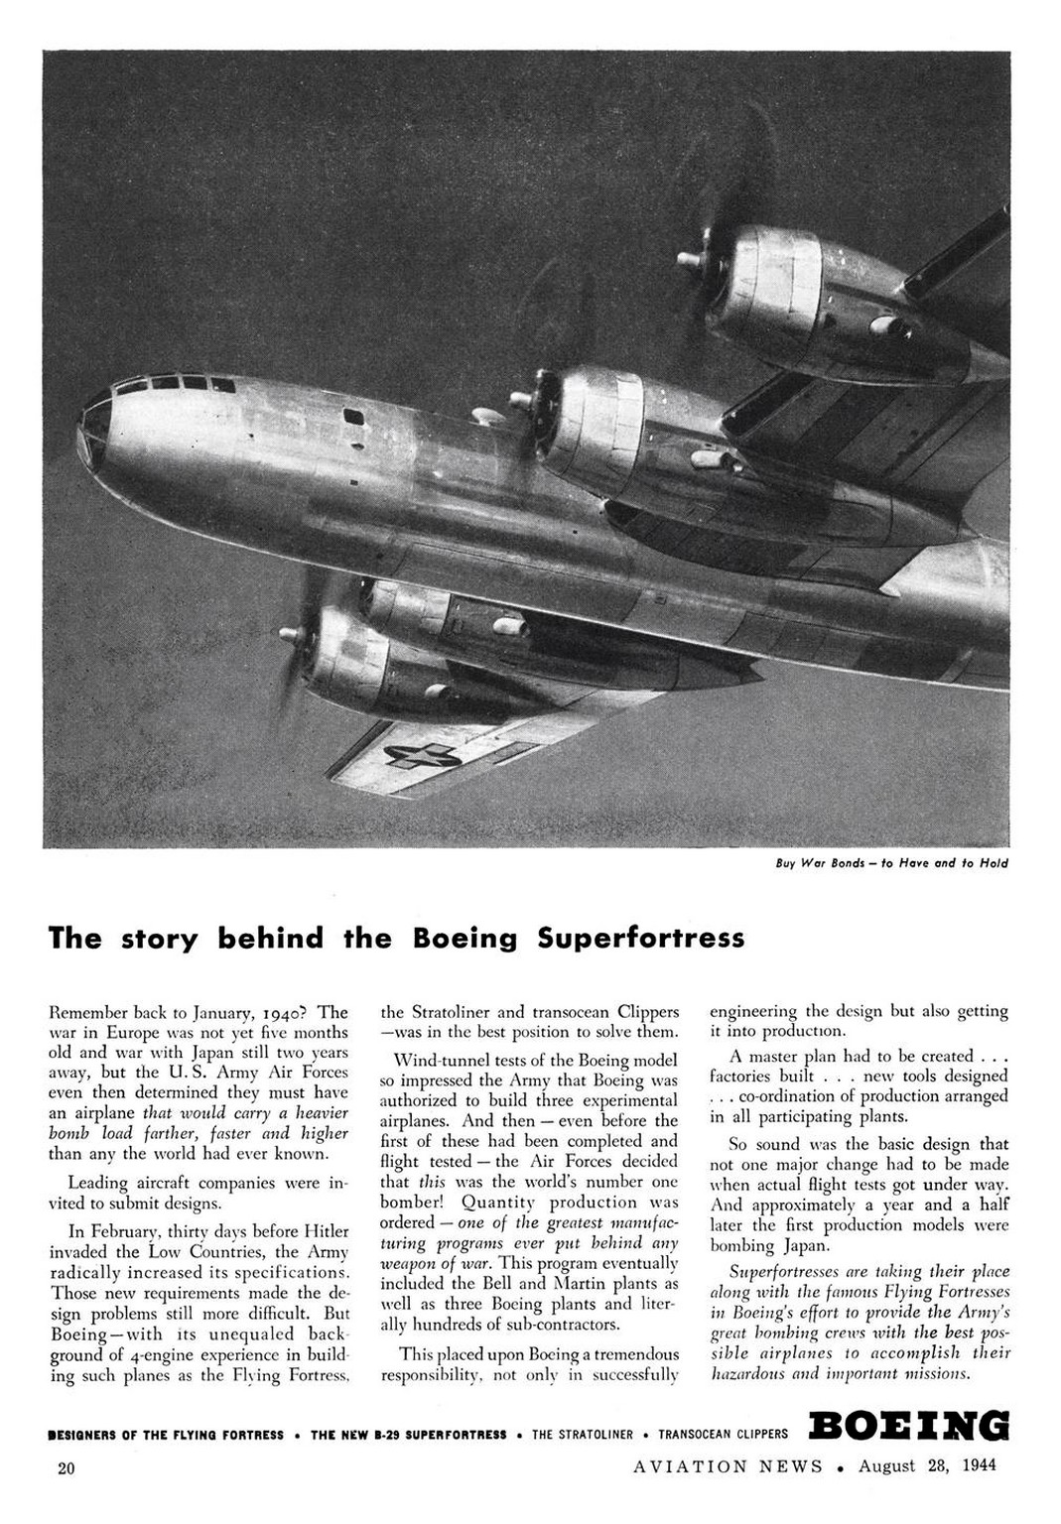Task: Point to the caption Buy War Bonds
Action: click(x=891, y=863)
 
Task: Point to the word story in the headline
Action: click(x=160, y=938)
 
